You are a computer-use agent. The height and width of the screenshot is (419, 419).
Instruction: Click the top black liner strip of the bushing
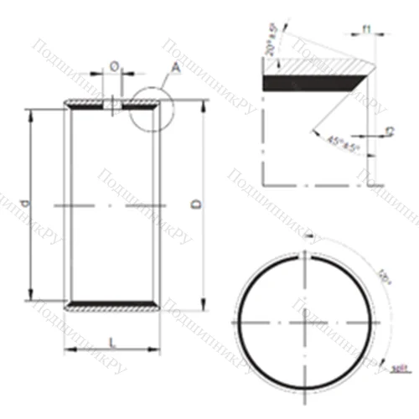[x=111, y=106]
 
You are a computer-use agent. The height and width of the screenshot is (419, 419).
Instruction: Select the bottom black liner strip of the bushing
[x=111, y=303]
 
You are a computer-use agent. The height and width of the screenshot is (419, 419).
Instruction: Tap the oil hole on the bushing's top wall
[x=113, y=105]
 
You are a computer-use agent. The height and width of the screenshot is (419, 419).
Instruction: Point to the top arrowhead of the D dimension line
[x=204, y=107]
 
